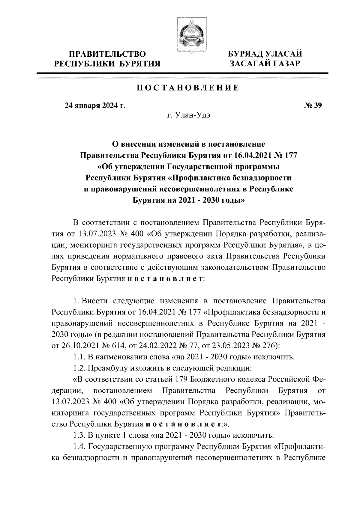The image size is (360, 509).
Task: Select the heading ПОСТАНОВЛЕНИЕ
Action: click(188, 88)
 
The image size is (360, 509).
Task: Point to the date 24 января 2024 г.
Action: click(95, 106)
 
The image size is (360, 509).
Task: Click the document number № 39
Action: click(313, 106)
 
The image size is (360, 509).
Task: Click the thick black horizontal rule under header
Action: click(182, 73)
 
